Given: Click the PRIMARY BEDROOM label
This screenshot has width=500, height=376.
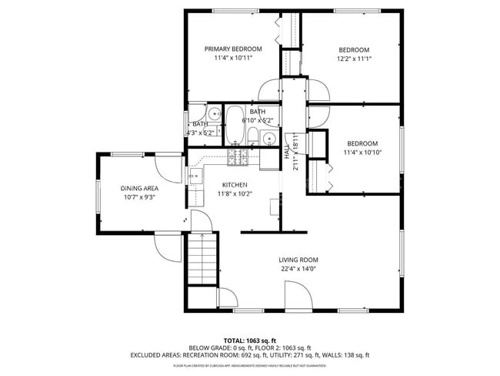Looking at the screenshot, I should (233, 49).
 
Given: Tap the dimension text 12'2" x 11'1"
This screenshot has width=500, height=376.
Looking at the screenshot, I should (354, 59).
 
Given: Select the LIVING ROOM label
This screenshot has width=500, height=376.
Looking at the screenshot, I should (298, 260).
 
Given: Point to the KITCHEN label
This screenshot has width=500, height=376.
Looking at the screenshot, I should (235, 185).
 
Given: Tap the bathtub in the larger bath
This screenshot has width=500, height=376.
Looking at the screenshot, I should (234, 125).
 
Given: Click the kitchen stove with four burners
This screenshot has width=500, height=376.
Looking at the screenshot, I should (238, 159).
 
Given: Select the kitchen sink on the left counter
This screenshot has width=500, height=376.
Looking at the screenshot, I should (195, 176).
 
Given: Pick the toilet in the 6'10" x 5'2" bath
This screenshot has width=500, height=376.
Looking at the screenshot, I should (252, 138).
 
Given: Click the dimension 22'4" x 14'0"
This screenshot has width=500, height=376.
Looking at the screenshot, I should (298, 269).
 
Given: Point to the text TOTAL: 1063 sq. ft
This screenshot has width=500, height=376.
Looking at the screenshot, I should (250, 340).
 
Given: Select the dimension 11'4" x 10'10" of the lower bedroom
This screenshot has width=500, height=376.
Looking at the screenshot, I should (362, 153).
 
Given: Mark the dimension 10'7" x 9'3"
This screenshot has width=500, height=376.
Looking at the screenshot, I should (139, 197).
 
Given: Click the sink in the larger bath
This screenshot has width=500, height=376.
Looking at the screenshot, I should (268, 139).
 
